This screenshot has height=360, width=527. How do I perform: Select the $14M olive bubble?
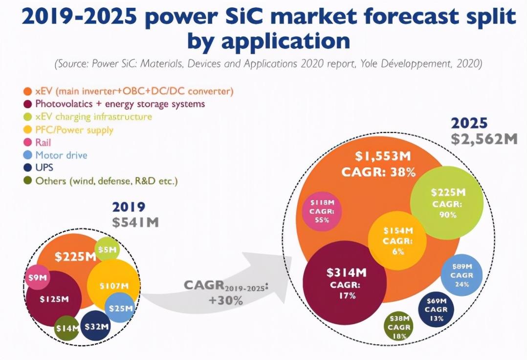coord(66,328)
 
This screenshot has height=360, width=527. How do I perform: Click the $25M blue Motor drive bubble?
coord(119,308)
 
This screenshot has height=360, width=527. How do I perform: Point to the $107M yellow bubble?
coord(113,285)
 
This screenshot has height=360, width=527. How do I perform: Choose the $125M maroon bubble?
coord(54,299)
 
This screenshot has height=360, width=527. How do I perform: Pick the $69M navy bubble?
coord(436,310)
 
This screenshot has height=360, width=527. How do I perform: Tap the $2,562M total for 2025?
coord(483,139)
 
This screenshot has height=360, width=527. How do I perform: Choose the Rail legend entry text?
coord(43,142)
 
